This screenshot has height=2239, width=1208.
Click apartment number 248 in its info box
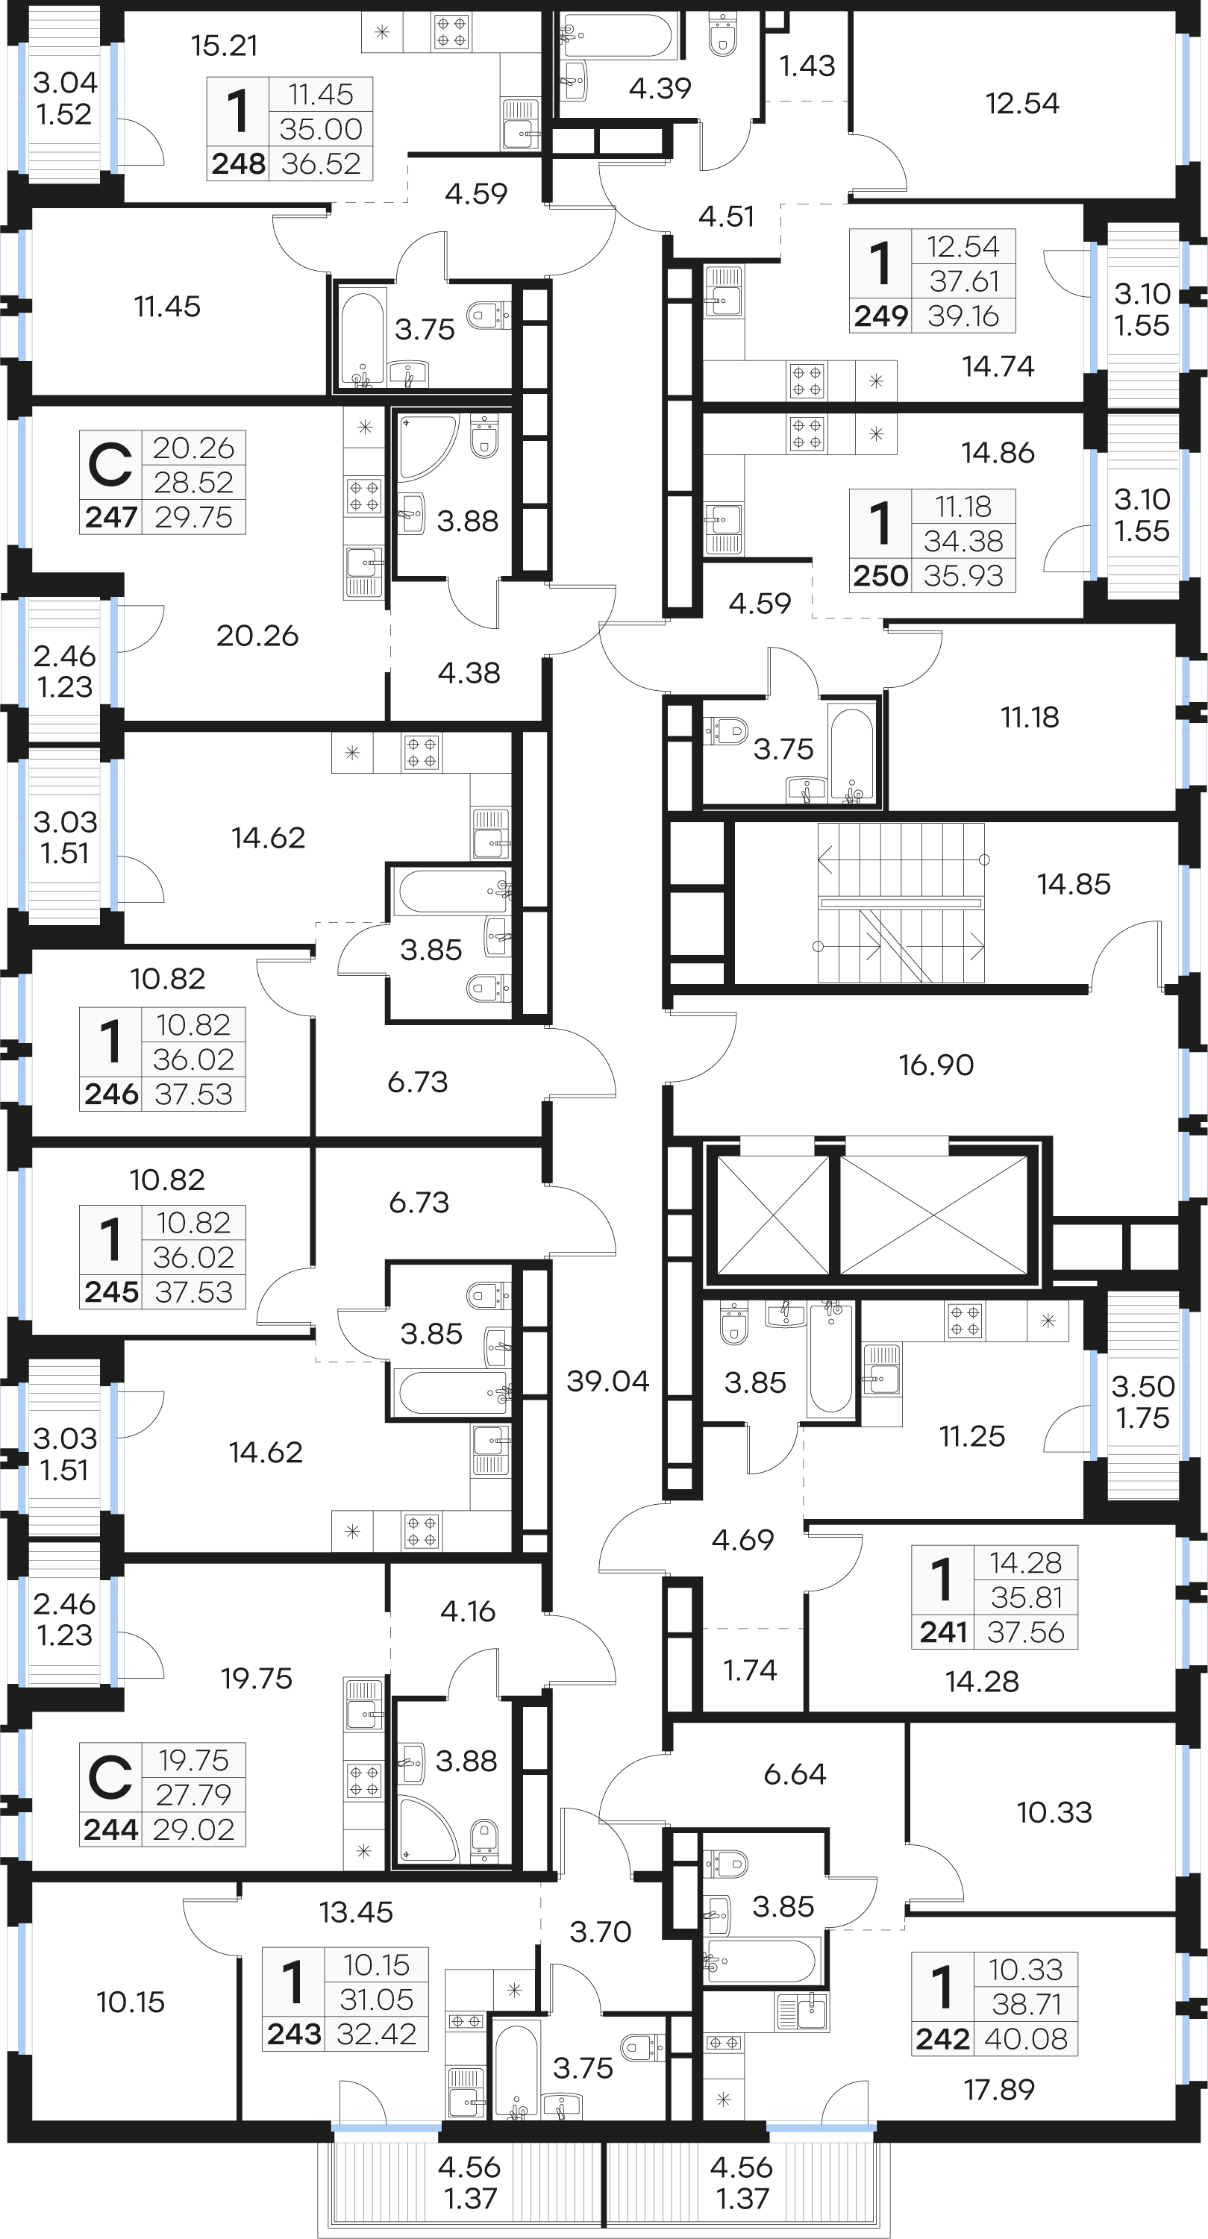click(238, 163)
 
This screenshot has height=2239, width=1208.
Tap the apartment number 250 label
click(880, 575)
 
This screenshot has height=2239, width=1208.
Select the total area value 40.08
click(1025, 2038)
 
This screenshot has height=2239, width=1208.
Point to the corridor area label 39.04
click(607, 1380)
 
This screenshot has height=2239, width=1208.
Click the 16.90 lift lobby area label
click(936, 1065)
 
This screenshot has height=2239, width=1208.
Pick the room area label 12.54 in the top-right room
click(1022, 104)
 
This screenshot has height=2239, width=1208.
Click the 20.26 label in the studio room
click(257, 636)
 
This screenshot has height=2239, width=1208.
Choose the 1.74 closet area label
click(750, 1670)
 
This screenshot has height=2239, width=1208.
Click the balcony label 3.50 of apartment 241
click(1143, 1386)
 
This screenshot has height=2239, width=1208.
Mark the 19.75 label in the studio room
click(257, 1679)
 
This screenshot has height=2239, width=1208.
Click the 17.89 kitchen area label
click(998, 2090)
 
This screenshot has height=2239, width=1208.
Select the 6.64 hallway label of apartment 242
click(795, 1774)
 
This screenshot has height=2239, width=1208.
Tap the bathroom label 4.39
click(660, 88)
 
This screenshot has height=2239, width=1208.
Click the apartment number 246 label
click(111, 1094)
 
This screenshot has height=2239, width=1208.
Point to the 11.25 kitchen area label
click(971, 1436)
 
